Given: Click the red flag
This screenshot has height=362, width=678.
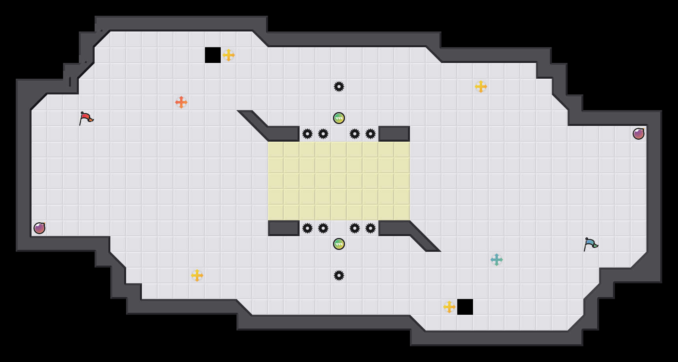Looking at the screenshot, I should (86, 118).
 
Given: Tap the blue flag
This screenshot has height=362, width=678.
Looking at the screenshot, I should (590, 244).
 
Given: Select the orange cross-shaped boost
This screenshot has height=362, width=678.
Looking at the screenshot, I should (181, 102).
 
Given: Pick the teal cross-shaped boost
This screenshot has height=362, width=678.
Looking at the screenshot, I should (497, 260).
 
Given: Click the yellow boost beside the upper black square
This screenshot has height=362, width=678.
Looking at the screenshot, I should (229, 55).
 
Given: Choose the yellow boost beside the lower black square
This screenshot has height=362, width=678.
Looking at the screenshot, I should (449, 307).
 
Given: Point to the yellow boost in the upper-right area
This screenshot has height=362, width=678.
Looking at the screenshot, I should (481, 87).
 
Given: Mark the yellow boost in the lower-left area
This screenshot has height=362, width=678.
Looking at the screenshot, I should (197, 275).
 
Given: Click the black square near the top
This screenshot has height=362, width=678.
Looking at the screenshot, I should (213, 55).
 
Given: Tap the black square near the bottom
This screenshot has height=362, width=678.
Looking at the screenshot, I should (465, 307).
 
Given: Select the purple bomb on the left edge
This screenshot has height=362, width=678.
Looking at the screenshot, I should (39, 228).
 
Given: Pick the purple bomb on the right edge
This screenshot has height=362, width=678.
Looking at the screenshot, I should (639, 134).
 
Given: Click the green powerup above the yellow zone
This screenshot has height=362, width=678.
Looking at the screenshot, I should (339, 118).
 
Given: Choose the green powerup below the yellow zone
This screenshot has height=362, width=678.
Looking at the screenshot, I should (339, 244).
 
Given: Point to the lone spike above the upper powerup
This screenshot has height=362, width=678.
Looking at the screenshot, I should (339, 87).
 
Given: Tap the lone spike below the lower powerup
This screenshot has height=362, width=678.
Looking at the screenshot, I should (339, 275).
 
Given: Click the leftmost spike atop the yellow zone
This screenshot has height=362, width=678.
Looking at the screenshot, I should (307, 134).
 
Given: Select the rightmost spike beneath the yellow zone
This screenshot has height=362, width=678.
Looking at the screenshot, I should (371, 228).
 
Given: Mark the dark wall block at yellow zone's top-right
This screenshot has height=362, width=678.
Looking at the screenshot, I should (394, 134).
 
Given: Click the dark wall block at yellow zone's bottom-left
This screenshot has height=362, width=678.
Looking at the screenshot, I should (284, 228).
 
